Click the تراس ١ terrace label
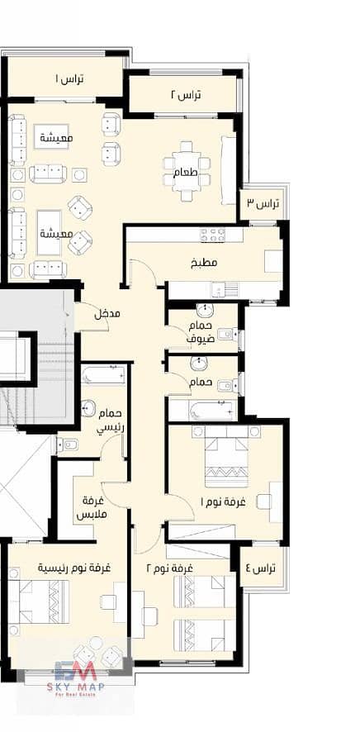pos(70,78)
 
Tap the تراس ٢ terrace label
pos(185,95)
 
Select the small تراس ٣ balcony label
pos(262,203)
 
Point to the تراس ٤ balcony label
pos(261,568)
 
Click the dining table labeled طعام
pos(187,171)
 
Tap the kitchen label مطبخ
pos(204,263)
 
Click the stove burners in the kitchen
pos(213,235)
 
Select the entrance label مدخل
pos(107,314)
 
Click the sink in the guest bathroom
pos(203,310)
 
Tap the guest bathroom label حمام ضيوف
pos(201,332)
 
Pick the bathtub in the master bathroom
pos(103,375)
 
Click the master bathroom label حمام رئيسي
pos(109,421)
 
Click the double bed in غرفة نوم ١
pos(227,455)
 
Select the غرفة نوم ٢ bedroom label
pos(170,568)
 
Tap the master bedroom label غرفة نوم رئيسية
pos(74,568)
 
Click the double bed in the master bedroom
pos(38,601)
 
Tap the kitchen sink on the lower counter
pos(218,289)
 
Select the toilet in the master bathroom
pos(68,445)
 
